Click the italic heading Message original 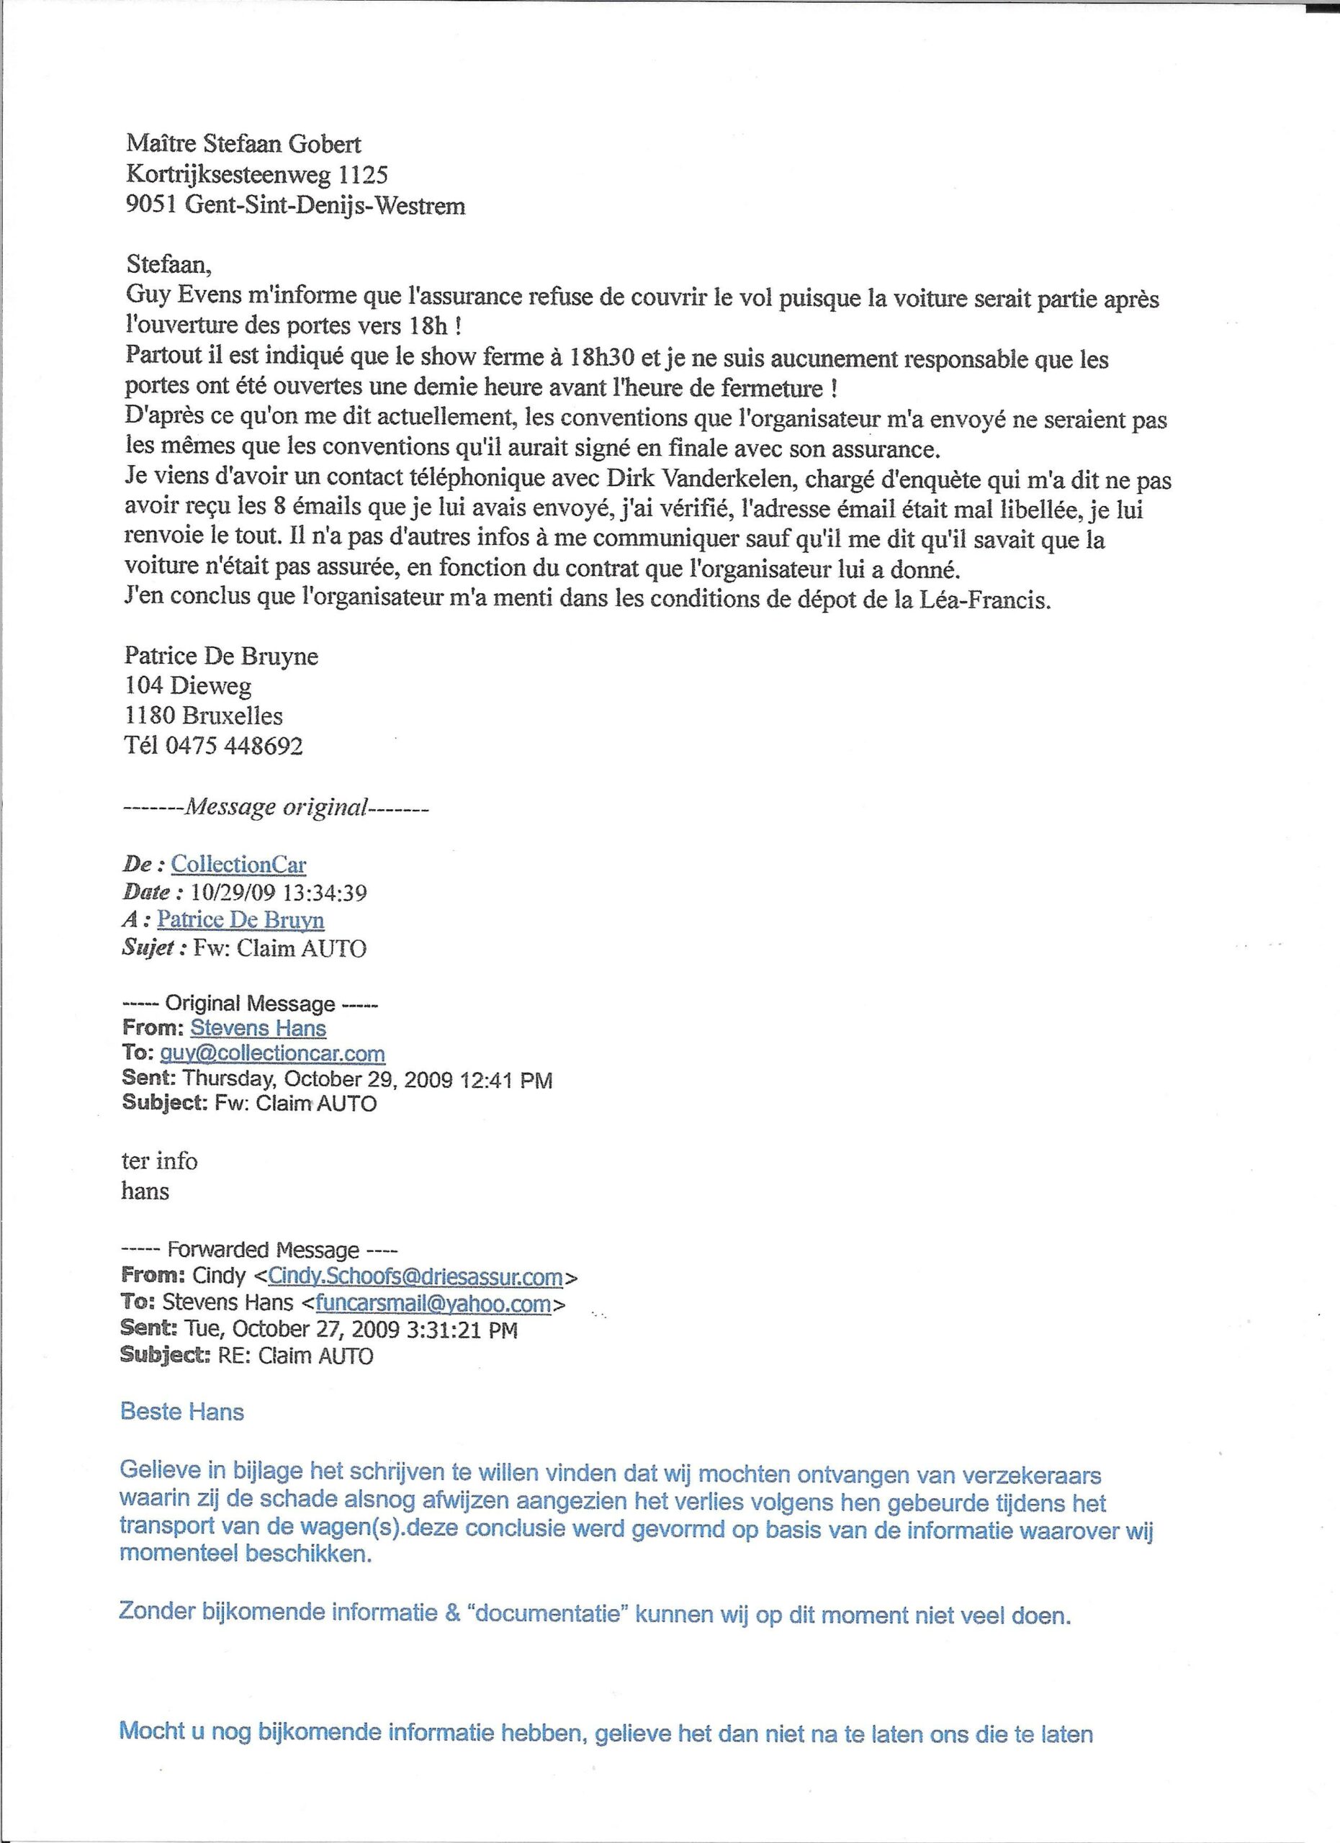point(276,807)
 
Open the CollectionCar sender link point(238,864)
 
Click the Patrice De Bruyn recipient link point(240,919)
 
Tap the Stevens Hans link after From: point(258,1028)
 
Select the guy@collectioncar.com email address point(272,1054)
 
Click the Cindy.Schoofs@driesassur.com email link point(415,1276)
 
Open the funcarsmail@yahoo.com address point(433,1304)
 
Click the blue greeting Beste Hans point(182,1412)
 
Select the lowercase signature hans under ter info point(145,1191)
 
